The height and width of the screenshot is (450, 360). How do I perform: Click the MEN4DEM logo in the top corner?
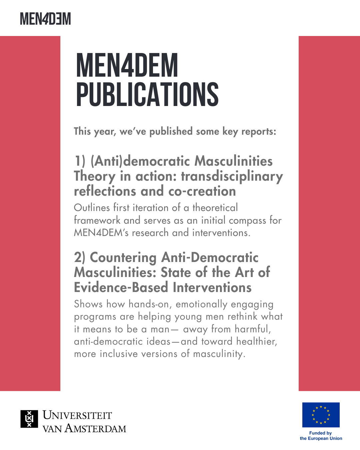[x=45, y=19]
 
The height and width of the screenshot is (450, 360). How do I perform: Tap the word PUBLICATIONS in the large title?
[x=147, y=95]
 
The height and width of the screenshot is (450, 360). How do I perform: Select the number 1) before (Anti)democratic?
[x=80, y=161]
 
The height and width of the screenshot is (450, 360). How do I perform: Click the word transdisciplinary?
[x=232, y=176]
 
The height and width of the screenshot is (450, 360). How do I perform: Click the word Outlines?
[x=92, y=208]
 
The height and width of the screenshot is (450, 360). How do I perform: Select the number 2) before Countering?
[x=80, y=258]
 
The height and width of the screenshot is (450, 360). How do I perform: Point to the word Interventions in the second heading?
[x=212, y=288]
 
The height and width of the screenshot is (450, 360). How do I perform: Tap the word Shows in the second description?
[x=88, y=304]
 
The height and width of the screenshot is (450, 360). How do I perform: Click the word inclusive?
[x=119, y=354]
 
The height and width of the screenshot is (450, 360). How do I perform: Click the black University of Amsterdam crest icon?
[x=29, y=419]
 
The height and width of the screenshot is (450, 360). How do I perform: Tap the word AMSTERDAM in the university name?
[x=95, y=428]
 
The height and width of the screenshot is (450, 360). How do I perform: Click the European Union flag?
[x=321, y=415]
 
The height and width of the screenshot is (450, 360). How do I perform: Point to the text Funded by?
[x=320, y=433]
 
